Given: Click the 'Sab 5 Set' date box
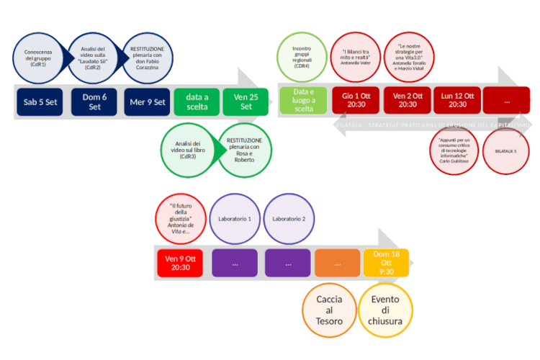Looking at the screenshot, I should [40, 102].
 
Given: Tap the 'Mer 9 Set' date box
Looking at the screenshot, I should [146, 102].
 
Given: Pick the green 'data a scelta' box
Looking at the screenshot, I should [197, 102].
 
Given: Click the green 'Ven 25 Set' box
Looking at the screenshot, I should [246, 102].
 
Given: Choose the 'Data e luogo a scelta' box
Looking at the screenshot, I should [304, 100].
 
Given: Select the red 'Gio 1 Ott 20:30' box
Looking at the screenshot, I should [356, 100].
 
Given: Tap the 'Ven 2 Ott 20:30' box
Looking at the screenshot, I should [407, 100].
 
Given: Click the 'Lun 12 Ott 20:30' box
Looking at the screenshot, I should [457, 100].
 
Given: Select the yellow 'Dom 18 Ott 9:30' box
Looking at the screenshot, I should [386, 263].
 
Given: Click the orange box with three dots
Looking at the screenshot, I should [337, 264].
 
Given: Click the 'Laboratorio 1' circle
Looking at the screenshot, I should [235, 219].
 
